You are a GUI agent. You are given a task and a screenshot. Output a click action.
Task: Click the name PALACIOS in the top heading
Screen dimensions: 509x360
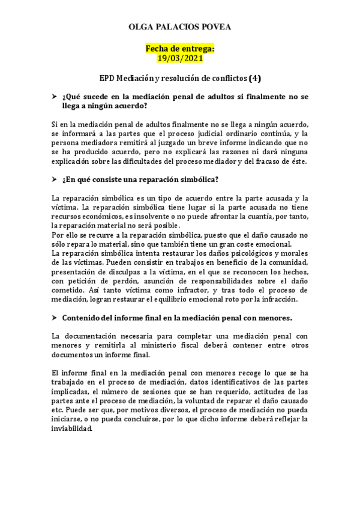(180, 28)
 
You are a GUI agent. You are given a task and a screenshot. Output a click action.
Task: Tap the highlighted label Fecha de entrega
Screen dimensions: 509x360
(180, 48)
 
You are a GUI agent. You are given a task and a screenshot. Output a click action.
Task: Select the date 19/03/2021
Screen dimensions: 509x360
(180, 58)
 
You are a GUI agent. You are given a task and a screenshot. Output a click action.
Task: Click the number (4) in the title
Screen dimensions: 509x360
(255, 78)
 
